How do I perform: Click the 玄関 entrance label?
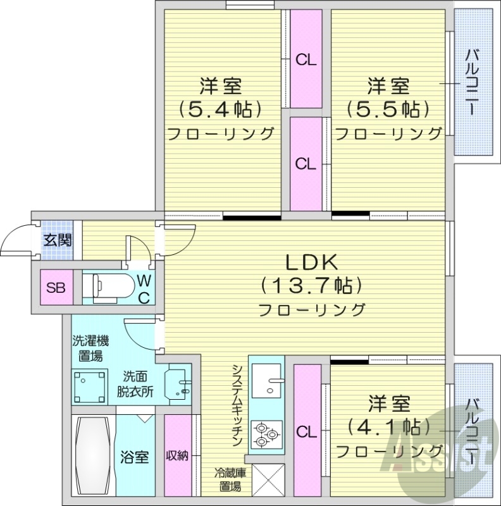click(x=57, y=240)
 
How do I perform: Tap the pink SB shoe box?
click(x=55, y=287)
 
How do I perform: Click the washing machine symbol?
click(x=89, y=386)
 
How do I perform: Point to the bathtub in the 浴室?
click(x=93, y=456)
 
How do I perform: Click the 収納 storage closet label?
click(x=177, y=456)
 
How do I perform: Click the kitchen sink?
click(x=269, y=380)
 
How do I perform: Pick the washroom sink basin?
click(x=176, y=386)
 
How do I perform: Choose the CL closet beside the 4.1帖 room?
click(x=307, y=432)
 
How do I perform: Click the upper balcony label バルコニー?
click(x=472, y=82)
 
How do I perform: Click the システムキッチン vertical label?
click(x=237, y=405)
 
